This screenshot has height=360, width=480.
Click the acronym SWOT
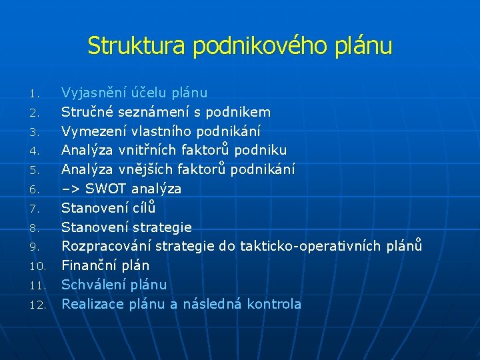(x=106, y=189)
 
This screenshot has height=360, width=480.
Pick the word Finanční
(x=87, y=265)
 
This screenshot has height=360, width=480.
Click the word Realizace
(x=89, y=304)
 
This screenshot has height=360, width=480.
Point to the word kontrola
(x=274, y=304)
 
